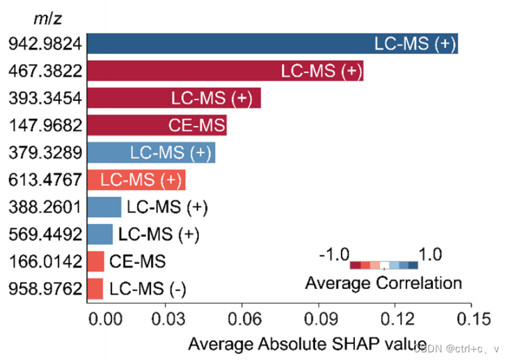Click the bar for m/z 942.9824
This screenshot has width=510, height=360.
tap(271, 43)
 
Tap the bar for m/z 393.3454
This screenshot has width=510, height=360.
tap(174, 97)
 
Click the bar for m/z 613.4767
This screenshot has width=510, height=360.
tap(136, 179)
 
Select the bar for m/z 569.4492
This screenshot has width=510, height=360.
tap(100, 234)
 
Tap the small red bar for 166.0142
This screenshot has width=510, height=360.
tap(96, 261)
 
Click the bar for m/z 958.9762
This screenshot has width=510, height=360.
tap(95, 288)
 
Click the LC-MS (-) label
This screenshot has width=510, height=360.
tap(148, 288)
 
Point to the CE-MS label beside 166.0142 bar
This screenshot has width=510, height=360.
tap(138, 261)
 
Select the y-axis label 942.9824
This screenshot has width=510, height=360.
tap(46, 43)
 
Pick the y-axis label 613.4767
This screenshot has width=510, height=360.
tap(46, 179)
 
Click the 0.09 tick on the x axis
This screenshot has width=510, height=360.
tap(319, 319)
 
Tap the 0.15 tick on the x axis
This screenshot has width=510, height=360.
tap(471, 319)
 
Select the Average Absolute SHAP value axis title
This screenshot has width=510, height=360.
tap(307, 343)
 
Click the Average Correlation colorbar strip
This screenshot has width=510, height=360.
tap(383, 265)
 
